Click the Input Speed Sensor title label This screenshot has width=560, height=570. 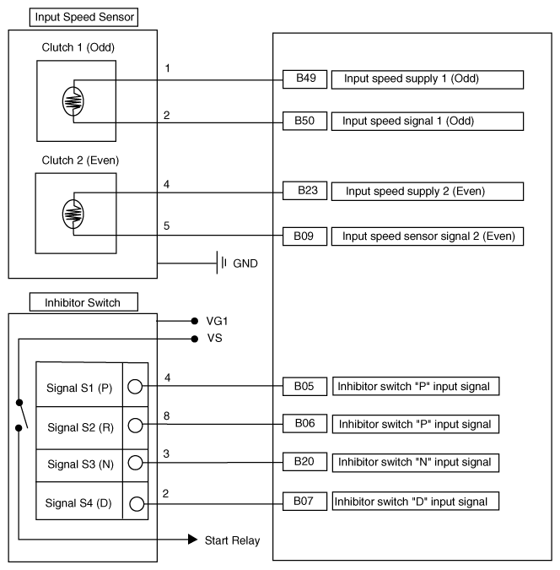pos(73,17)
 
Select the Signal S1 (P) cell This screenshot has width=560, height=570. pos(78,388)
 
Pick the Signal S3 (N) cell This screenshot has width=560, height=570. pos(78,463)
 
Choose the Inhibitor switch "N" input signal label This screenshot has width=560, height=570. pos(415,462)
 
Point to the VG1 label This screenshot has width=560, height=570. pos(218,322)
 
